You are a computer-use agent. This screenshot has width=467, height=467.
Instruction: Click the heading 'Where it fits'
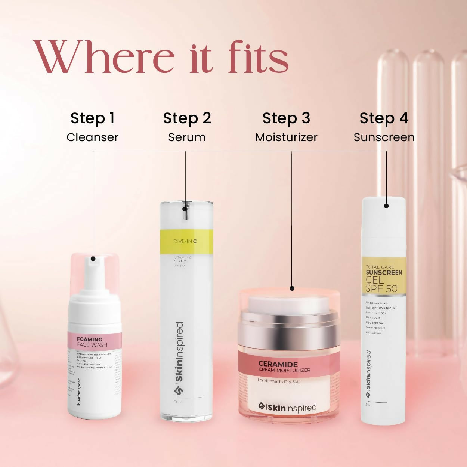[x=161, y=58]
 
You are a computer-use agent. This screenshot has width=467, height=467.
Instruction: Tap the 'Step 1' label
[x=92, y=118]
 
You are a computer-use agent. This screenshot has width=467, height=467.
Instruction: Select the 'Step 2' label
[x=187, y=118]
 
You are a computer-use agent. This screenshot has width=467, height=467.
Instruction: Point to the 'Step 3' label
[x=286, y=118]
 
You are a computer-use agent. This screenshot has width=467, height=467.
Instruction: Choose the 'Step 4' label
[x=384, y=118]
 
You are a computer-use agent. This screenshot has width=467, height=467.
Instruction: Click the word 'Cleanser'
[x=92, y=137]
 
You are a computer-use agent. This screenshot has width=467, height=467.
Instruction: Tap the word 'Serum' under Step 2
[x=187, y=137]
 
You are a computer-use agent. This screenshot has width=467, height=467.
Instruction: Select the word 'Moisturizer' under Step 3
[x=286, y=137]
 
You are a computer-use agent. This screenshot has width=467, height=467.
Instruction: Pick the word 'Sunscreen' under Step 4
[x=384, y=137]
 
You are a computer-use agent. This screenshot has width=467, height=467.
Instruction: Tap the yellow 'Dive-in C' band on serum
[x=186, y=241]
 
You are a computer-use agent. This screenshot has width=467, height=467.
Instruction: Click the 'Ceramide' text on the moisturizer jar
[x=278, y=364]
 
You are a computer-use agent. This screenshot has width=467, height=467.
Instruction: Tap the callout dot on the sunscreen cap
[x=386, y=205]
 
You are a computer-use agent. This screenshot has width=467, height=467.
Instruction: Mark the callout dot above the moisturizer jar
[x=292, y=288]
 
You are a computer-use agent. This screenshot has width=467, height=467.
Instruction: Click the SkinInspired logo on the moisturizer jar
[x=288, y=407]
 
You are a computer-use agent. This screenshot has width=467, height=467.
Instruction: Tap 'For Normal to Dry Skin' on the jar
[x=279, y=381]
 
